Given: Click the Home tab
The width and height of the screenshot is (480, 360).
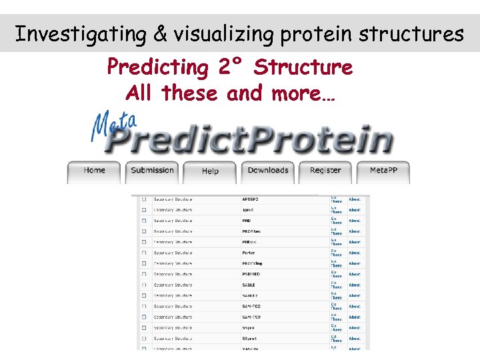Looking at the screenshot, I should point(94,171).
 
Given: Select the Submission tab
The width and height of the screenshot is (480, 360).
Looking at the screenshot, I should point(152,171).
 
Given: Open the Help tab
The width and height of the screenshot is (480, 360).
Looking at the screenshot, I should point(210,171).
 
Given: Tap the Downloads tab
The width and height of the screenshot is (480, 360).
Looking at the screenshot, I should point(268,171).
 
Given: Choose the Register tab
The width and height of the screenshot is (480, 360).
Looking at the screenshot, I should point(325,171).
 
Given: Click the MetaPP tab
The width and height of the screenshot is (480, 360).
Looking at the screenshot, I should point(383,171).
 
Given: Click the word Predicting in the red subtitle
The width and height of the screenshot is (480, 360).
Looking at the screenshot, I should point(158,67).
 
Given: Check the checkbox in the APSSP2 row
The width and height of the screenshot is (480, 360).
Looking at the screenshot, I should point(143,199).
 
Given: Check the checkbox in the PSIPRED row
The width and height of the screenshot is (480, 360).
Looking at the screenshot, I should point(143,274).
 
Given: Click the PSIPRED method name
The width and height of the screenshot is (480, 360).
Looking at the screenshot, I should point(252,274).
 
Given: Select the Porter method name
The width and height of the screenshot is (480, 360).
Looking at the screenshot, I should point(249,253).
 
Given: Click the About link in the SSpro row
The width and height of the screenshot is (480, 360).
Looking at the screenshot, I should point(355,327).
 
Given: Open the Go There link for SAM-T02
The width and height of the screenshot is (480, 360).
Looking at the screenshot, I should point(337,306).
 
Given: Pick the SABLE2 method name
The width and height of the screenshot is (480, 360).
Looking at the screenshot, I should point(251,295).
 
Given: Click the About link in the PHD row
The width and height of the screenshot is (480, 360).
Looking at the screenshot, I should point(355,221).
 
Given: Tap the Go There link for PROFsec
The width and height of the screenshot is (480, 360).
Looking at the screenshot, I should point(337,231).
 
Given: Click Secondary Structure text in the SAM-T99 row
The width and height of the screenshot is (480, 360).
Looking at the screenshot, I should point(173,317).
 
